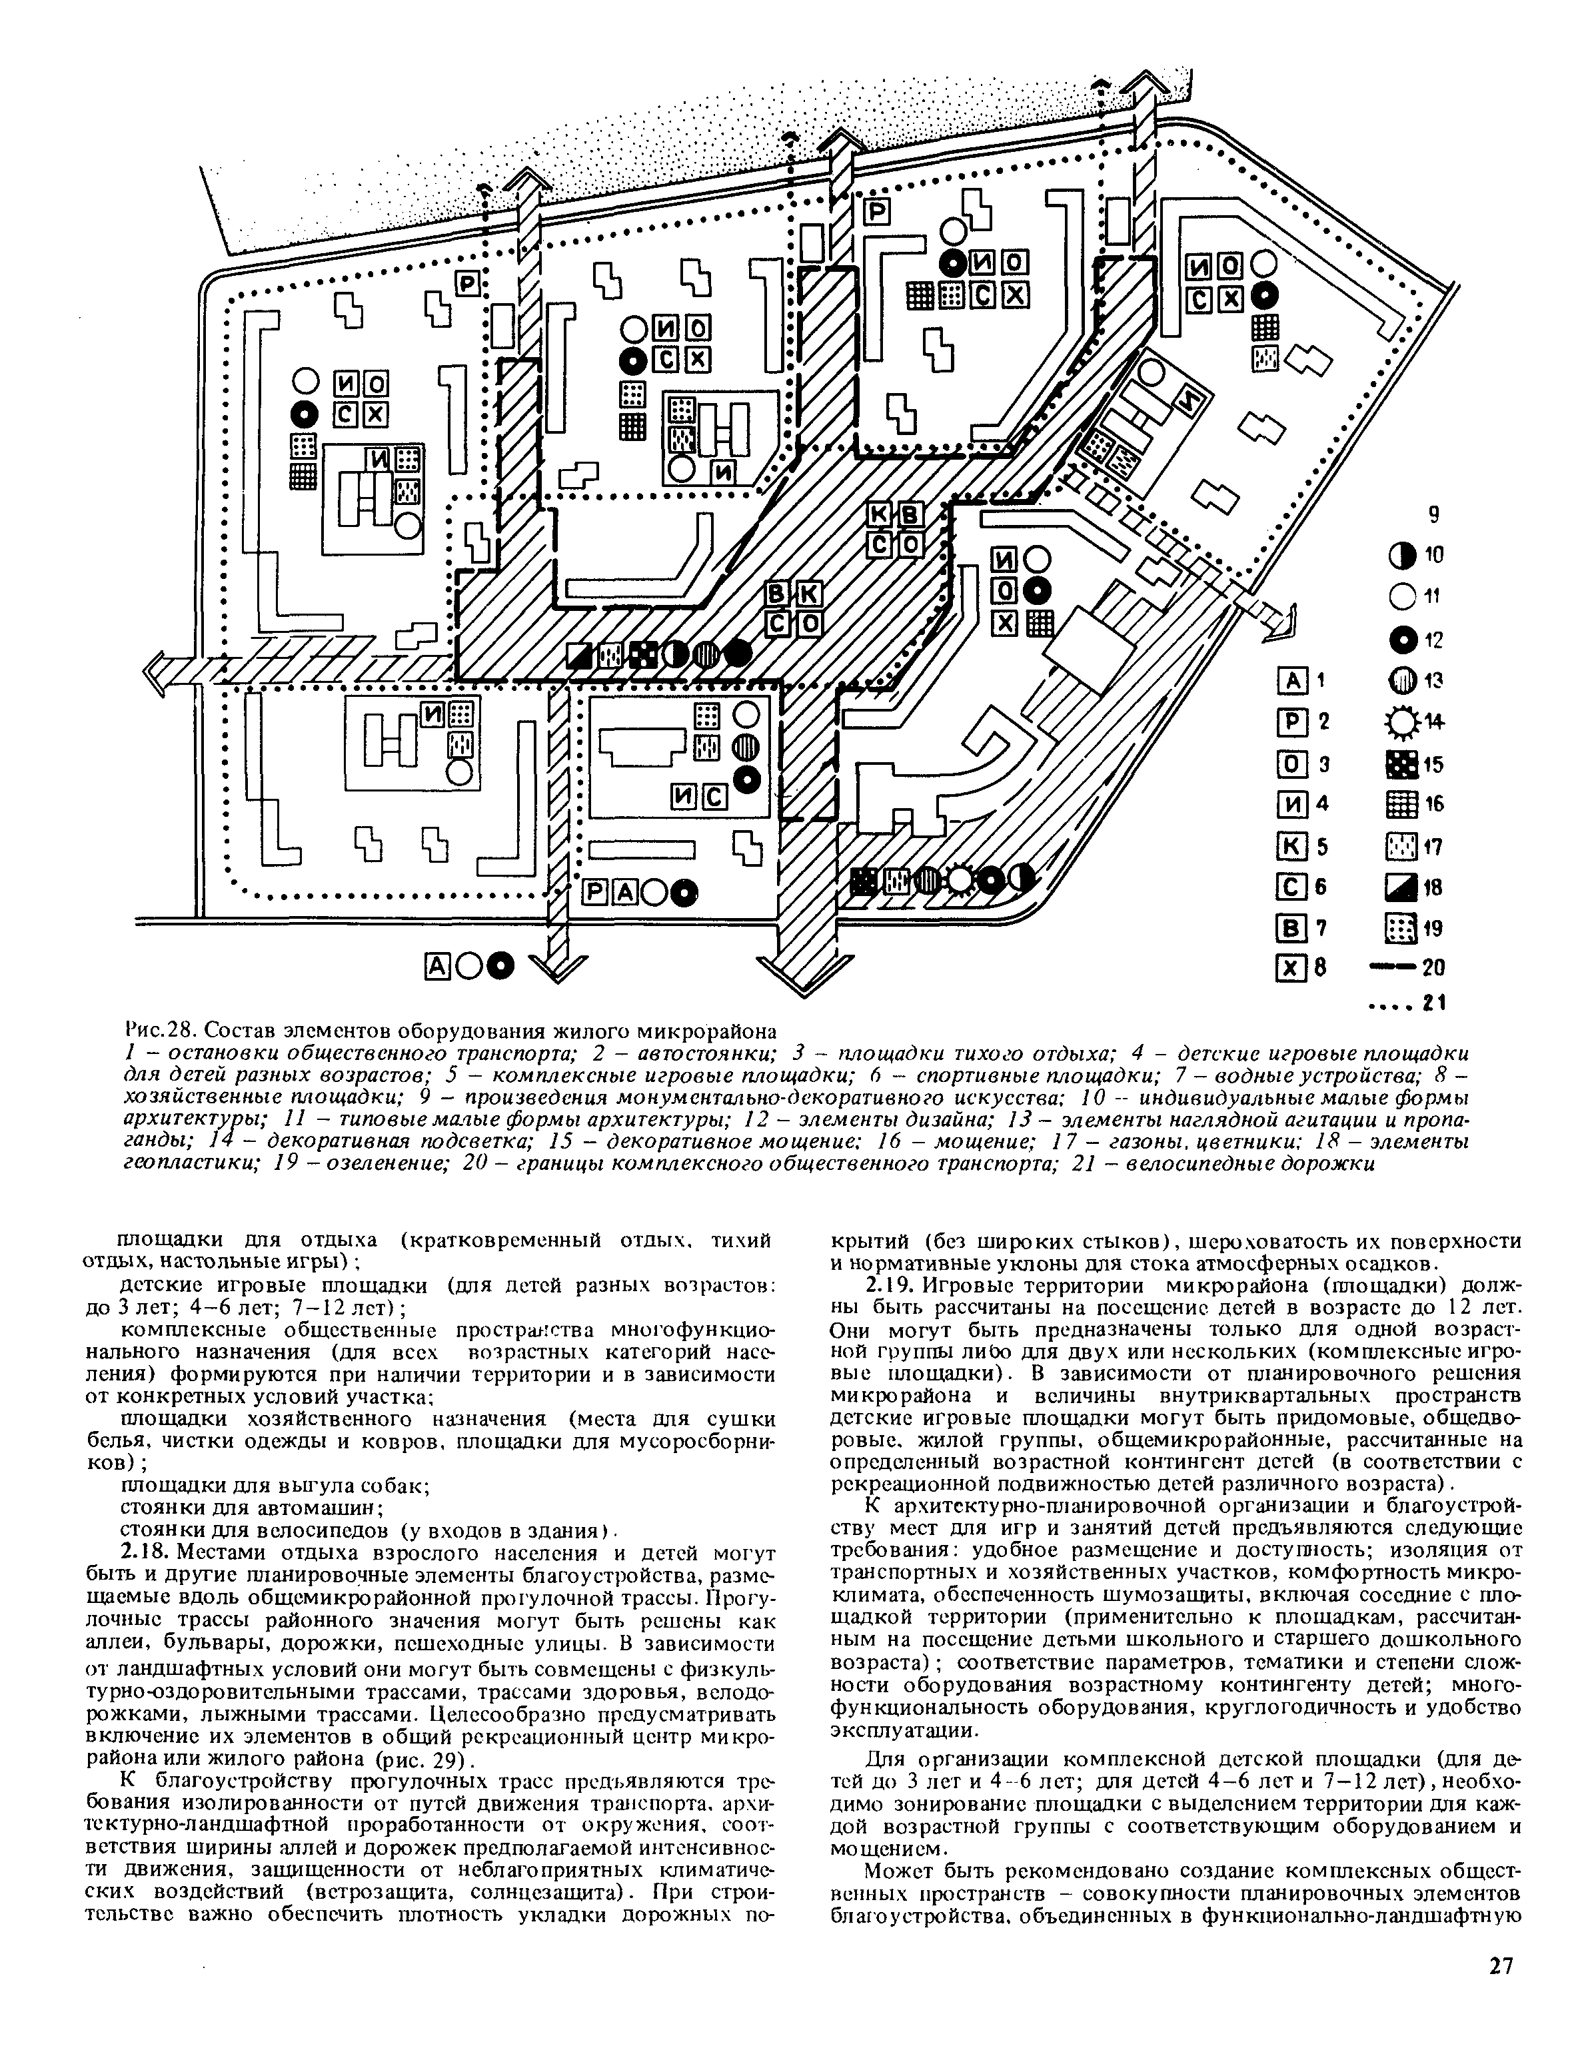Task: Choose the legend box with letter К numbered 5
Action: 1291,846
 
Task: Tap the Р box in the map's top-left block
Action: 468,283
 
